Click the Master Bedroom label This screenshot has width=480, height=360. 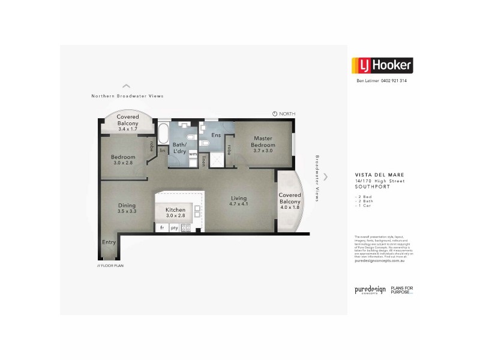coord(263,142)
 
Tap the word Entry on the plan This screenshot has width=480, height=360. coord(109,242)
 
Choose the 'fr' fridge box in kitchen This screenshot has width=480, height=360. coord(162,228)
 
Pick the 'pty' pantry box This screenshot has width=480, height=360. coord(174,228)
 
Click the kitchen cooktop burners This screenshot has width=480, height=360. coord(186,228)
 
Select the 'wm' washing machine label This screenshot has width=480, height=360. coord(193,154)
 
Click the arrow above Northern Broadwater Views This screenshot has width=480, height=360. coord(126,86)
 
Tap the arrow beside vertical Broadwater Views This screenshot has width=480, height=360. coord(326,176)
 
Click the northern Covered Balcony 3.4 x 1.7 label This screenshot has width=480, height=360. coord(128,122)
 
